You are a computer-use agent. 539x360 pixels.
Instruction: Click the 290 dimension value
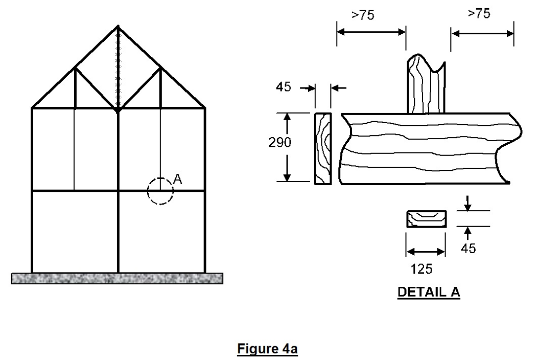[x=280, y=142]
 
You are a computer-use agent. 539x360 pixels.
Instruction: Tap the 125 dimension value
[x=422, y=269]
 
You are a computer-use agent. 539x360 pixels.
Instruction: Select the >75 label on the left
[x=363, y=15]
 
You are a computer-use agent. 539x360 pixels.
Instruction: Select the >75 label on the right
[x=479, y=13]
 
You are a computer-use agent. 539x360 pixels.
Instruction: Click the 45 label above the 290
[x=283, y=87]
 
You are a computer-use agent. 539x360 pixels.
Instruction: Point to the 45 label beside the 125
[x=468, y=248]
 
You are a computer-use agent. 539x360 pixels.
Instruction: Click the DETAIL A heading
[x=429, y=292]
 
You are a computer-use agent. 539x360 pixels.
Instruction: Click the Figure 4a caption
[x=267, y=349]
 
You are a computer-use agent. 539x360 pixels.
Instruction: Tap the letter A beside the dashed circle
[x=178, y=179]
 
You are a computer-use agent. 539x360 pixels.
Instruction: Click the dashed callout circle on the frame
[x=148, y=191]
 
